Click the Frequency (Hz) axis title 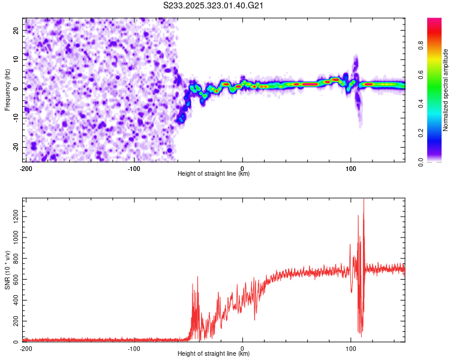coord(7,90)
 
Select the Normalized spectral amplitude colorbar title coord(446,90)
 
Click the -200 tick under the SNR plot coord(26,348)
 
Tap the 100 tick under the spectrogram coord(351,168)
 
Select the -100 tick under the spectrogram coord(133,168)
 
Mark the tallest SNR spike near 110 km coord(364,200)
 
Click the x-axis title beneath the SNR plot coord(214,354)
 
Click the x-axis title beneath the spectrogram coord(214,174)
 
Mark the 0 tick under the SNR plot coord(242,348)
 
